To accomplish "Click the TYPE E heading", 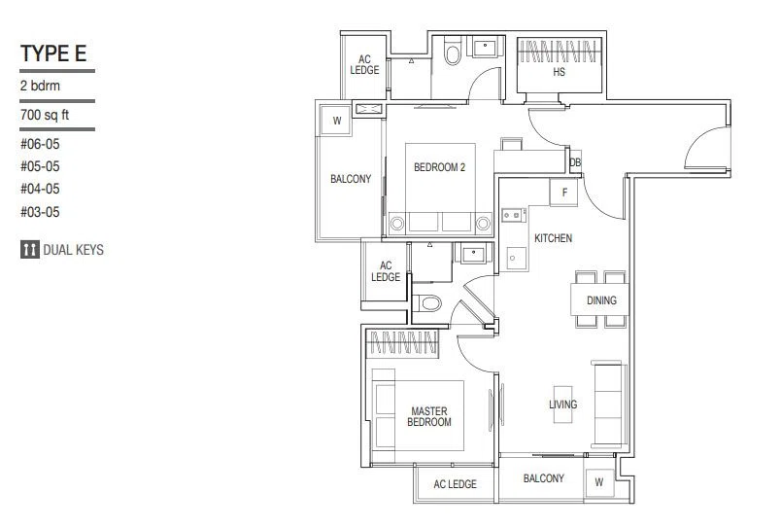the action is [53, 53].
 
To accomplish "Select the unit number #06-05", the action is [40, 144].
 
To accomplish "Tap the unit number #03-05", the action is [40, 212].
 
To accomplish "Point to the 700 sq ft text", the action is [45, 115].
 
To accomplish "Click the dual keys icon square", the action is [30, 249].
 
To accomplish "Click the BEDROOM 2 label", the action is [439, 167].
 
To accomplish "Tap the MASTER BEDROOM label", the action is [429, 417].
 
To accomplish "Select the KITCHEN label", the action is [553, 238].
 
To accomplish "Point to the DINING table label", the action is [601, 300].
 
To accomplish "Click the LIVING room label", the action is [562, 405].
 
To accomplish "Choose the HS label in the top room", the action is [559, 72].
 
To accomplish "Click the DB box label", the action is [575, 162].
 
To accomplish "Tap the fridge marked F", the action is [564, 192].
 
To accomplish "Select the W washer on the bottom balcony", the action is [599, 482].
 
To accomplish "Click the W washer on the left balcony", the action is [337, 121].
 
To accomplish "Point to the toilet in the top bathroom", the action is [453, 54].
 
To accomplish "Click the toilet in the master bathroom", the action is [427, 303].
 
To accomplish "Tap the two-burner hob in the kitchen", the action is [514, 215].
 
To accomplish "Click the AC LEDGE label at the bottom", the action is [455, 484].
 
